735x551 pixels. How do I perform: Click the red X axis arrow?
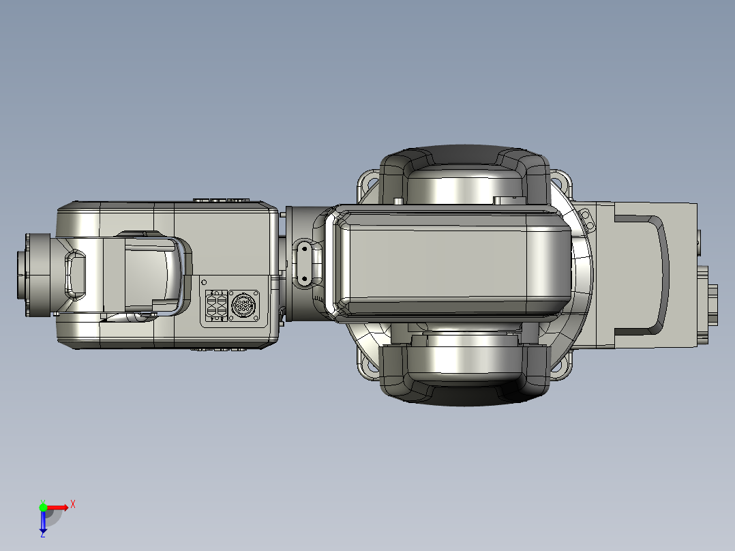tap(57, 507)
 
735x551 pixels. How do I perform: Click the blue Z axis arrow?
tap(43, 522)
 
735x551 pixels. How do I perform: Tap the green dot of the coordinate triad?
tap(43, 507)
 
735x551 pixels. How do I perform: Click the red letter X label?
tap(73, 505)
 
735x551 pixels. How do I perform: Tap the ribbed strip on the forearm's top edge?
tap(220, 201)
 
